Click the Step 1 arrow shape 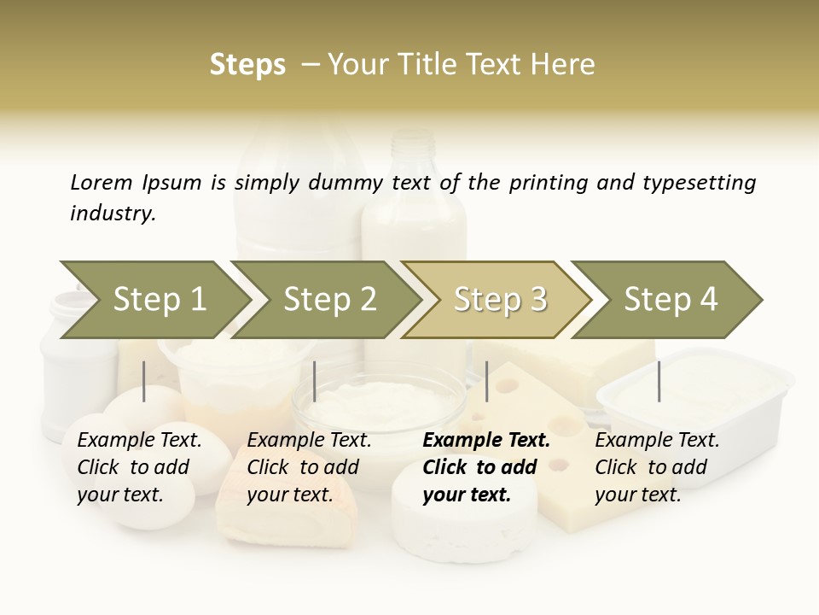click(x=158, y=300)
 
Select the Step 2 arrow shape click(x=328, y=300)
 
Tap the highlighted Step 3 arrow click(x=499, y=300)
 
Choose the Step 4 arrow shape click(x=670, y=300)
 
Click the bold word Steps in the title click(x=247, y=65)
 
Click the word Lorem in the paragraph click(x=102, y=182)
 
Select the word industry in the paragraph click(x=112, y=214)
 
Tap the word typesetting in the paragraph click(x=699, y=182)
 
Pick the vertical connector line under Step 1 click(x=144, y=381)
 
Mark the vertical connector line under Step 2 click(x=315, y=381)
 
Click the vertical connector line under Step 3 click(x=487, y=381)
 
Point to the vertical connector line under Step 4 click(x=659, y=381)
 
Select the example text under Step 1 click(x=139, y=467)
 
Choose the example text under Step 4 click(x=657, y=467)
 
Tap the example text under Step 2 click(x=309, y=467)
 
